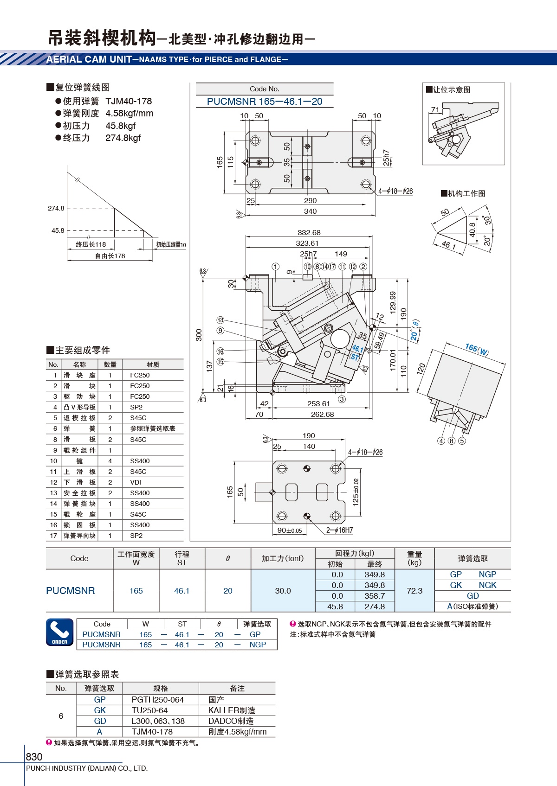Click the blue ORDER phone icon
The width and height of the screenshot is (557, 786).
click(60, 633)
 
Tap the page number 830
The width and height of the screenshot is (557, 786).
click(34, 756)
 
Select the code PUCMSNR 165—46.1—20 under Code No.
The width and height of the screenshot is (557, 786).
click(265, 102)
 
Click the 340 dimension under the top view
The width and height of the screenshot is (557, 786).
click(310, 211)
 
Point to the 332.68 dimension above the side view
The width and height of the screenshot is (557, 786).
click(309, 232)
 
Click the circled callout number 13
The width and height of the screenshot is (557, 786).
click(220, 320)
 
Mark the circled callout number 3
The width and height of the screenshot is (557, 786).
click(342, 399)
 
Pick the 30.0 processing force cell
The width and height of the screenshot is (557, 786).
click(283, 591)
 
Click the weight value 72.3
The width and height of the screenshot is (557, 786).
click(415, 591)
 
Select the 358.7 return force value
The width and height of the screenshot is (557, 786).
click(375, 596)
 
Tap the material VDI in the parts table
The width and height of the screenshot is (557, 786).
click(136, 482)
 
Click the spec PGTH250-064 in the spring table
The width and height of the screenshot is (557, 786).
click(158, 700)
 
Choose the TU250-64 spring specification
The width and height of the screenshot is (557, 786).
click(149, 710)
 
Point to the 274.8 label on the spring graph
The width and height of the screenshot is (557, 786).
click(56, 208)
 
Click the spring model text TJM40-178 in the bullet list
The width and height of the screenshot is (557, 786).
click(129, 101)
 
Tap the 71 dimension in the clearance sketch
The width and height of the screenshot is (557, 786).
click(435, 109)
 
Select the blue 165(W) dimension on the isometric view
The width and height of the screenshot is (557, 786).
click(477, 350)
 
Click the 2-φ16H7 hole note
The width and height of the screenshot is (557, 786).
click(339, 530)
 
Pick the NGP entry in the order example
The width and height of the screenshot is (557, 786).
click(258, 645)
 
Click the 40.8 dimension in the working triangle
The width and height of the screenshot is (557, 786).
click(473, 230)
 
